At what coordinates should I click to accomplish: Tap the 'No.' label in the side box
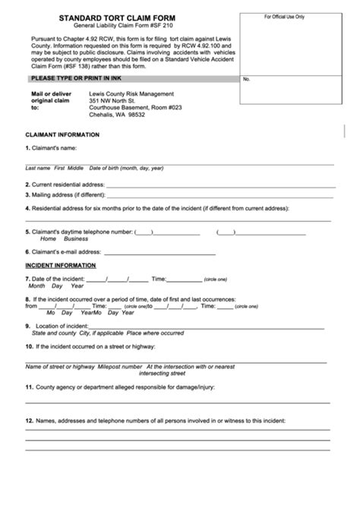coord(247,79)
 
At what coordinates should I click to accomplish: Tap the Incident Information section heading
coord(61,266)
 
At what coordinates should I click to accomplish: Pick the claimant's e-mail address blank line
coord(159,252)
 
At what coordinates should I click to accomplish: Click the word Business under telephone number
coord(76,238)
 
